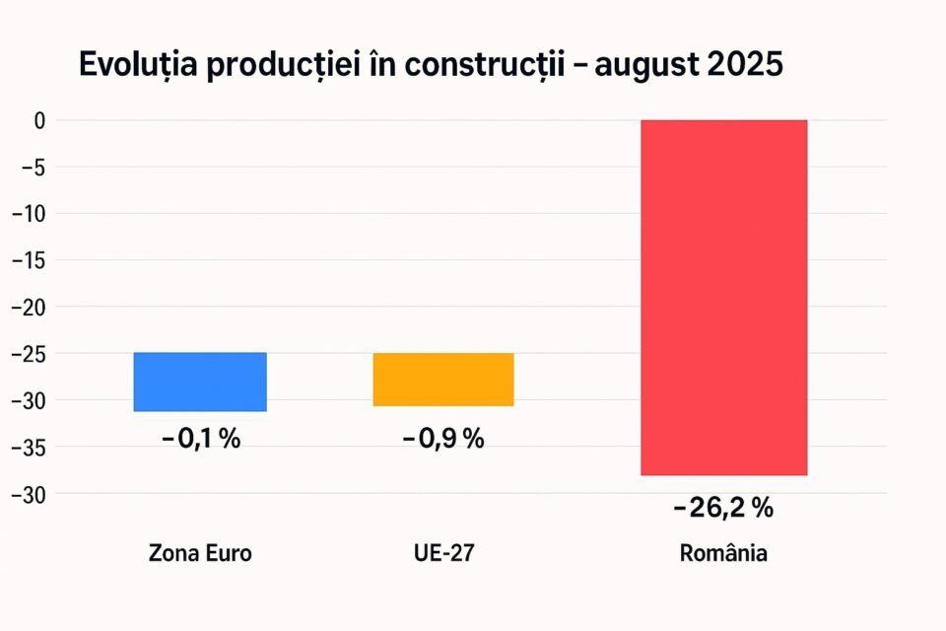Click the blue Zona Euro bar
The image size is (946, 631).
(200, 382)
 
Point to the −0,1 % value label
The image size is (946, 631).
(201, 439)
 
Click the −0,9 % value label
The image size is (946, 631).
(443, 439)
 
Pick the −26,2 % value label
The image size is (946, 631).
(723, 509)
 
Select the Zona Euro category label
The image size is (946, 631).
(200, 553)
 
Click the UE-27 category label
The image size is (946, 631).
(444, 553)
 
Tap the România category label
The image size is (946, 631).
(723, 553)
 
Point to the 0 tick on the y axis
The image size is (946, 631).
(39, 120)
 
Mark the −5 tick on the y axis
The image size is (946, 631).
(34, 167)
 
